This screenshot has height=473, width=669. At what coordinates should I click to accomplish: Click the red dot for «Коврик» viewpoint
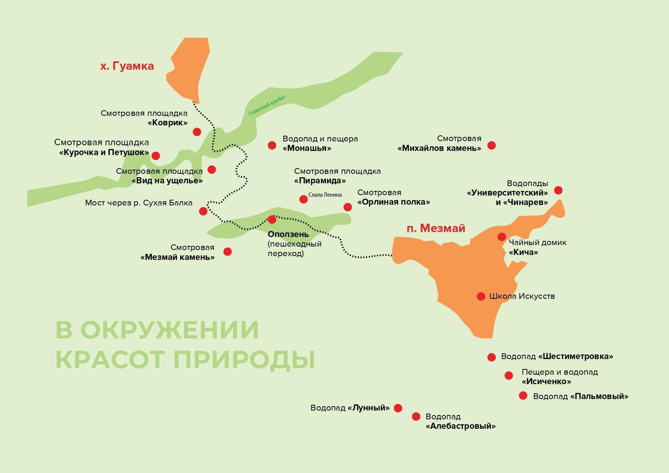[197, 132]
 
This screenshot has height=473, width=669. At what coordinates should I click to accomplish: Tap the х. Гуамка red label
[127, 66]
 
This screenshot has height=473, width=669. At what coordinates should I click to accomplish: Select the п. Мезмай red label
[436, 228]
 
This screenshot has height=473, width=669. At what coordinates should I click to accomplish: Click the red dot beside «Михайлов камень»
[492, 145]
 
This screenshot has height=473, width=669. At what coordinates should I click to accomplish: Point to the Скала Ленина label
[325, 195]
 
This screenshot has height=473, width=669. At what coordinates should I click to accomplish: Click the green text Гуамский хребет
[267, 106]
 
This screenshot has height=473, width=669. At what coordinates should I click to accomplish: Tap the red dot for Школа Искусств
[481, 296]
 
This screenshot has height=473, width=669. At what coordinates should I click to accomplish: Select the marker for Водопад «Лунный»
[398, 408]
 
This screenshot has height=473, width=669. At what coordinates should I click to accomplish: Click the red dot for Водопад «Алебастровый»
[416, 417]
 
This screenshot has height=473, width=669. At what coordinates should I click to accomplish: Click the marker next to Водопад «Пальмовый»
[523, 396]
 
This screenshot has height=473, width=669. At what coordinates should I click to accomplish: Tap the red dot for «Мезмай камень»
[227, 252]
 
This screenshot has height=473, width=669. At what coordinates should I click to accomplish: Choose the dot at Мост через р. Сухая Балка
[203, 211]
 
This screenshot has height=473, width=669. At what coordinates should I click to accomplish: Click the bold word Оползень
[288, 234]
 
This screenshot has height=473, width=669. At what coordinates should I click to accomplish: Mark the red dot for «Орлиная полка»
[347, 207]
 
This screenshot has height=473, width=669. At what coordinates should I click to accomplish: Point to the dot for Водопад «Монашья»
[272, 145]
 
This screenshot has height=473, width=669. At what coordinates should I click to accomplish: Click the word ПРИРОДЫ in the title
[244, 359]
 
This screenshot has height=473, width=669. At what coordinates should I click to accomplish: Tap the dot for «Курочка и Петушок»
[156, 156]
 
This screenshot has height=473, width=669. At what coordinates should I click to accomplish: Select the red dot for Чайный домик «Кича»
[502, 237]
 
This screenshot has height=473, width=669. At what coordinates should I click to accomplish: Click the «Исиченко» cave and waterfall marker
[508, 376]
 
